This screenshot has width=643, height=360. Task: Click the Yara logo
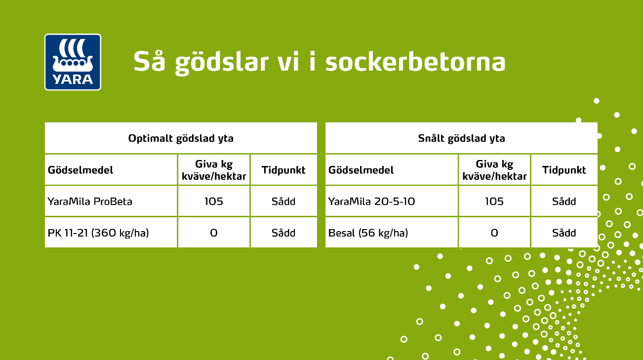pos(73,62)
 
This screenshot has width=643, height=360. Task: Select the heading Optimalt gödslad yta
pos(181,138)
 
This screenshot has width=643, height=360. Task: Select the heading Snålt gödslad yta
pos(461,138)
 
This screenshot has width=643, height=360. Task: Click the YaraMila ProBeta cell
pos(90,201)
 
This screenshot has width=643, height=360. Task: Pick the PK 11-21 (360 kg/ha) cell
pos(98,233)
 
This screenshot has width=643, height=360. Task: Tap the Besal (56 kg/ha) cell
pos(368,233)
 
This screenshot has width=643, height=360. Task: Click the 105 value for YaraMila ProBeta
pos(213,201)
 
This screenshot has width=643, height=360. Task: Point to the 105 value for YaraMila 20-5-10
pos(494,201)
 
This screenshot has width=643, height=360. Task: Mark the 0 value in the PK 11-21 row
pos(213,233)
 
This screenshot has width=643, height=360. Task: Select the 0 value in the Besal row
pos(494,233)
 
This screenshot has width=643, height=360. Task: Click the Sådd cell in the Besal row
pos(564,233)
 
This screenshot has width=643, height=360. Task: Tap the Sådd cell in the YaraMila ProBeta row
pos(283,201)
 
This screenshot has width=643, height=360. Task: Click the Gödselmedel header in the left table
pos(80,170)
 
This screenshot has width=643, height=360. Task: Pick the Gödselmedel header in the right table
pos(361,170)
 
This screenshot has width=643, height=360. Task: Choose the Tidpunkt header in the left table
pos(283,170)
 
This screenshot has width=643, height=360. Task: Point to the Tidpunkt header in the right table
pos(564,170)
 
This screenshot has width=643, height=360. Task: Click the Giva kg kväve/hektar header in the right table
pos(494,170)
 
